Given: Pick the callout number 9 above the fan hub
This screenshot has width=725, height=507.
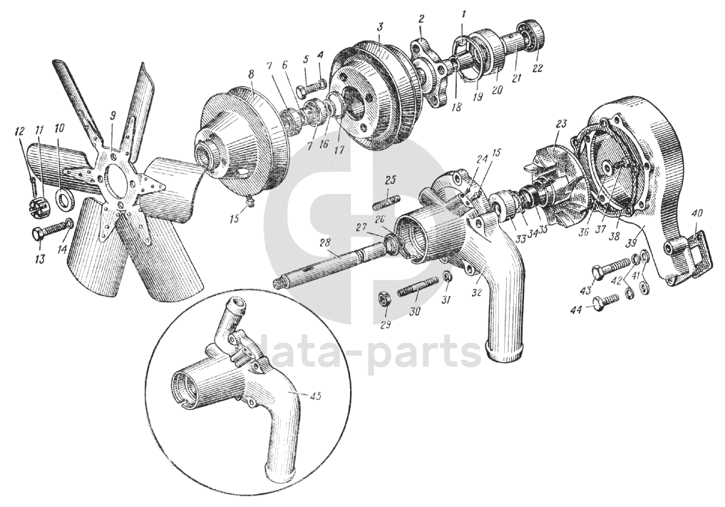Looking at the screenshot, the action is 113,116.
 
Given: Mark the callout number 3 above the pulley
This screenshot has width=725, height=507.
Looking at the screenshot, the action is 380,26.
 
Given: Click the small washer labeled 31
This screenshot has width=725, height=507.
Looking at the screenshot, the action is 446,277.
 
